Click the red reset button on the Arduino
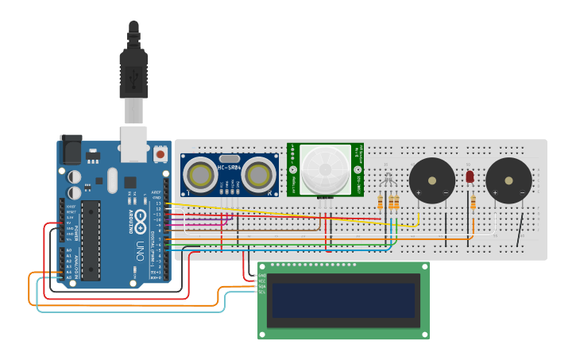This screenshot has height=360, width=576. [x=160, y=153]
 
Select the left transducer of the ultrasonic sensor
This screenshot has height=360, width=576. [x=199, y=174]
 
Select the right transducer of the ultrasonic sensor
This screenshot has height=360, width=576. [x=259, y=174]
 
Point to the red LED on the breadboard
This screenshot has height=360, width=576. [x=470, y=176]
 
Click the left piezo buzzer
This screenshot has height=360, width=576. [x=432, y=180]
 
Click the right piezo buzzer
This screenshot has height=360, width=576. [x=508, y=180]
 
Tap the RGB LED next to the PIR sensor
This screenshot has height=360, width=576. [x=387, y=180]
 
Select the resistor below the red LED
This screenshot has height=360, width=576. [x=474, y=203]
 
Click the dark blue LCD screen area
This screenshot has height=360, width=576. [x=342, y=300]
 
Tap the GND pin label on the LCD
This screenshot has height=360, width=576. [x=261, y=275]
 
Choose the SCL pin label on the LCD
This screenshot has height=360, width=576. [x=261, y=292]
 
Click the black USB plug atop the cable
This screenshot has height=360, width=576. [x=133, y=71]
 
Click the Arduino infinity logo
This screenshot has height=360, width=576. [x=140, y=218]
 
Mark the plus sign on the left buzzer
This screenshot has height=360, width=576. [x=418, y=192]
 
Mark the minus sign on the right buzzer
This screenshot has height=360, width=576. [x=522, y=192]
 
